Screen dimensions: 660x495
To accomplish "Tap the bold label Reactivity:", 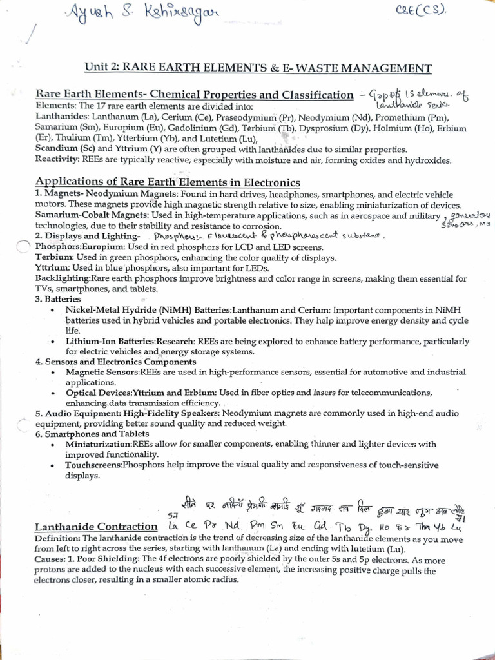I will coord(57,159).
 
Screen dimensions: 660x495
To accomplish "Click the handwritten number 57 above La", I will coord(172,515).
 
